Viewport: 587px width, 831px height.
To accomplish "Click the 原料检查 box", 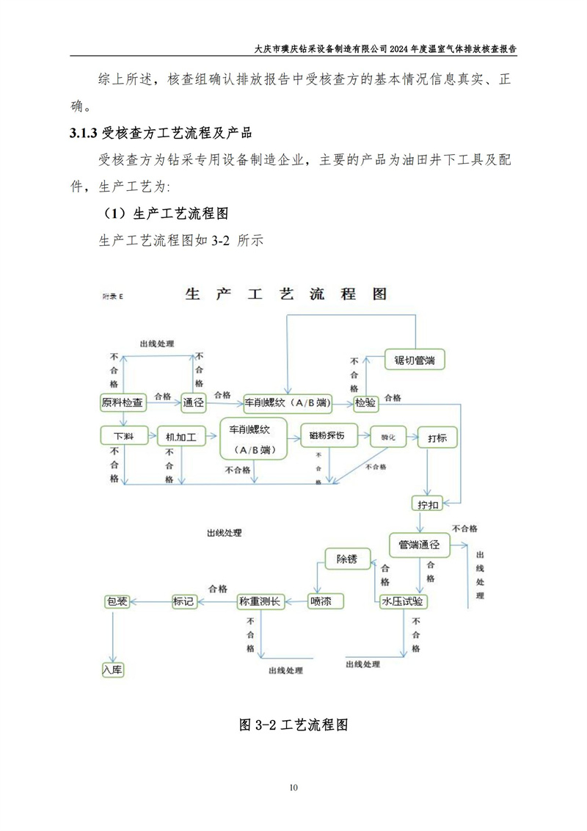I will click(x=123, y=402).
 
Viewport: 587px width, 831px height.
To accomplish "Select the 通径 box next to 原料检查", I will click(x=194, y=402).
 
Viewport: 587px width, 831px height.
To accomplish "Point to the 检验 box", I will click(x=365, y=402).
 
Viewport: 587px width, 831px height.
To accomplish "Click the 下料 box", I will click(x=123, y=436).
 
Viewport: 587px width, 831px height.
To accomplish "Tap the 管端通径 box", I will click(x=419, y=545).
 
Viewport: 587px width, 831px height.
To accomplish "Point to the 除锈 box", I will click(x=346, y=559).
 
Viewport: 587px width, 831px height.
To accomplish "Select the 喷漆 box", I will click(x=321, y=601).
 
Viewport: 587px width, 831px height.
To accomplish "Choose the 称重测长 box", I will click(x=260, y=601).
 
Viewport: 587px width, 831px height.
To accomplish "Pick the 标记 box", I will click(x=183, y=601).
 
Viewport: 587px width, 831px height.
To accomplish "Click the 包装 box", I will click(x=117, y=601).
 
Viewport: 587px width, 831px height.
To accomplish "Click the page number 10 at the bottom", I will click(x=293, y=788).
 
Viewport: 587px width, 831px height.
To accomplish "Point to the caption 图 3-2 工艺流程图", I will click(x=293, y=725).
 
